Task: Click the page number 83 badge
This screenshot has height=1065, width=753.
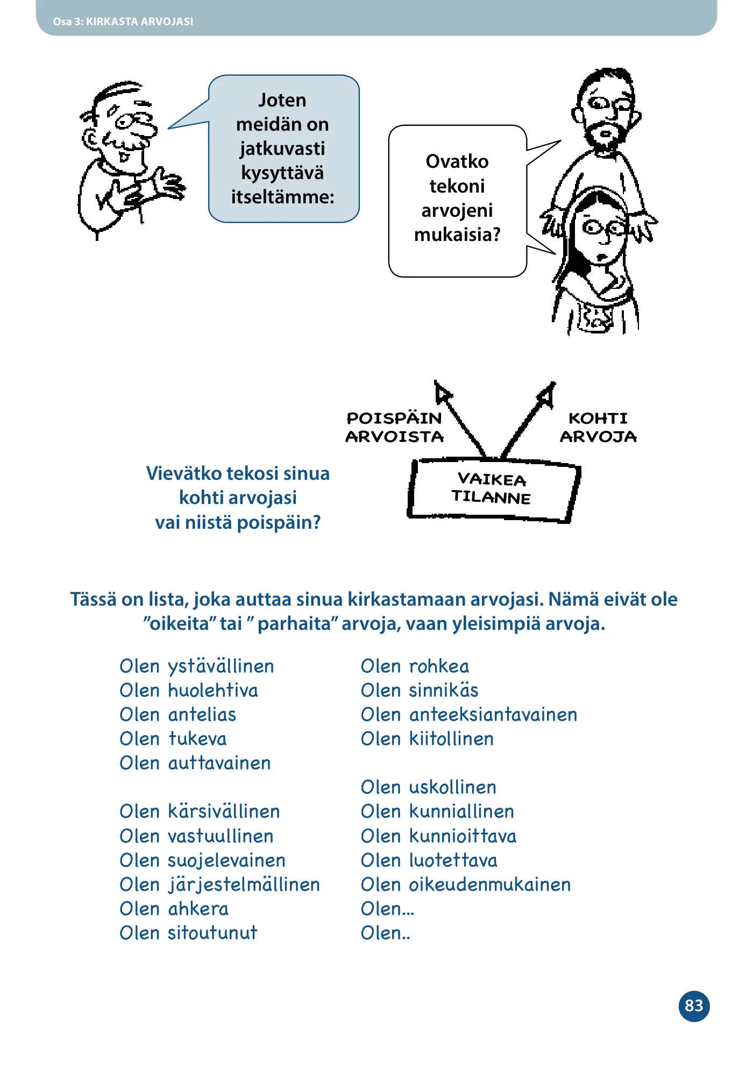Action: (x=694, y=1006)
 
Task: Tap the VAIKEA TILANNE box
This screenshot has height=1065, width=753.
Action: (x=493, y=489)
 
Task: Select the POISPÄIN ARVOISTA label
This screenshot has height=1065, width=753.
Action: (x=394, y=427)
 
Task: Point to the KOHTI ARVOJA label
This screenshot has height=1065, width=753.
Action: (x=598, y=427)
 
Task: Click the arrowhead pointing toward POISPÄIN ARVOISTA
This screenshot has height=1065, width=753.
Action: (x=443, y=392)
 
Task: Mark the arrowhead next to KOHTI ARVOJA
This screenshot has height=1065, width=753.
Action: (x=546, y=393)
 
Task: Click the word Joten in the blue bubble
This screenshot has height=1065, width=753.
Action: (x=282, y=100)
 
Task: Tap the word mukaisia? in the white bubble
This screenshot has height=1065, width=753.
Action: (x=457, y=235)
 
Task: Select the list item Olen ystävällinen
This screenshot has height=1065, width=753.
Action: (x=197, y=666)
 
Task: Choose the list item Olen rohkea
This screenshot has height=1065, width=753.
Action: (x=415, y=666)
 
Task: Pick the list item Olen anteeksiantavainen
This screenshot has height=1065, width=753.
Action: (x=469, y=714)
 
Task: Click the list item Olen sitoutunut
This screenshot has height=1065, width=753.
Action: (x=189, y=933)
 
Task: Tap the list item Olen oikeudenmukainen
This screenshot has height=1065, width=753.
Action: (x=466, y=884)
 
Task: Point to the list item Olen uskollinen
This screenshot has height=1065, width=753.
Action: (x=429, y=787)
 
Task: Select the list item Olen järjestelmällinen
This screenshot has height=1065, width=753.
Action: (x=220, y=884)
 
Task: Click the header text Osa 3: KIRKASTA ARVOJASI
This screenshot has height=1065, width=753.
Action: (x=123, y=22)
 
